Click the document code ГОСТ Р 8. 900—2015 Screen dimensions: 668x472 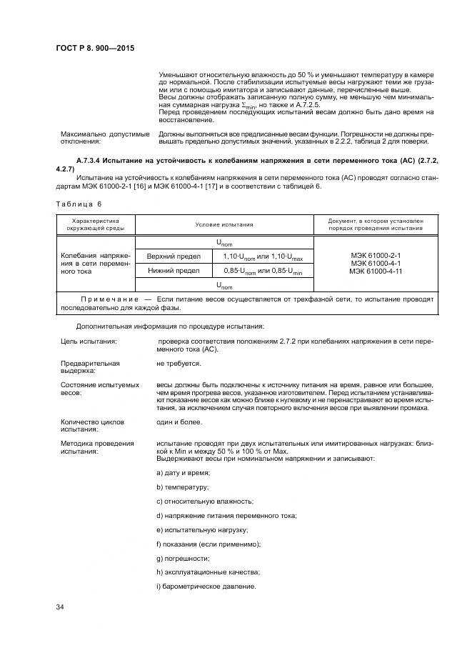tap(94, 47)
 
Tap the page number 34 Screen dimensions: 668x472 tap(60, 607)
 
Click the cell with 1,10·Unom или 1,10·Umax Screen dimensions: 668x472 tap(263, 256)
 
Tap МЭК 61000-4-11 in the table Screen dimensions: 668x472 tap(375, 271)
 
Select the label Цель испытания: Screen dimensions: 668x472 tap(89, 342)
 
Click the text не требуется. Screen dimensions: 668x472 tap(179, 364)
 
